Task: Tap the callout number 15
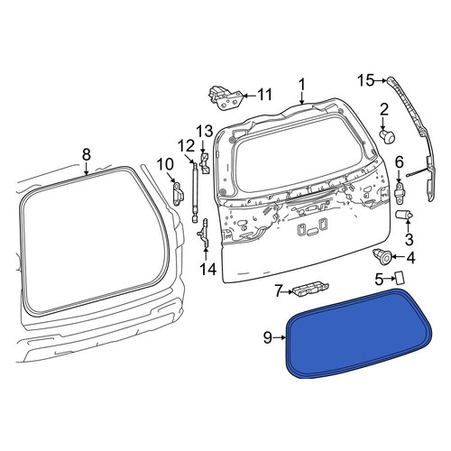point(366,80)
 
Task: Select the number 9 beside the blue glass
point(268,337)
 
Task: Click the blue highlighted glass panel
point(359,334)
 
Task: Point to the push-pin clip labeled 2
point(387,136)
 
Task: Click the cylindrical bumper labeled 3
point(403,216)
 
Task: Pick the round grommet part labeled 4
point(382,257)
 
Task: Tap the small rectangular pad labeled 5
point(400,277)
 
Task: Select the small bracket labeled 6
point(400,190)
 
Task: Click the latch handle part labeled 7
point(309,290)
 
